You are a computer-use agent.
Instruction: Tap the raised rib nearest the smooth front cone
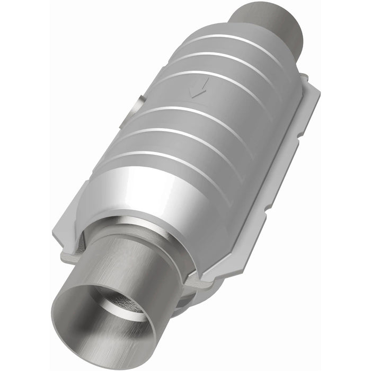175,159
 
